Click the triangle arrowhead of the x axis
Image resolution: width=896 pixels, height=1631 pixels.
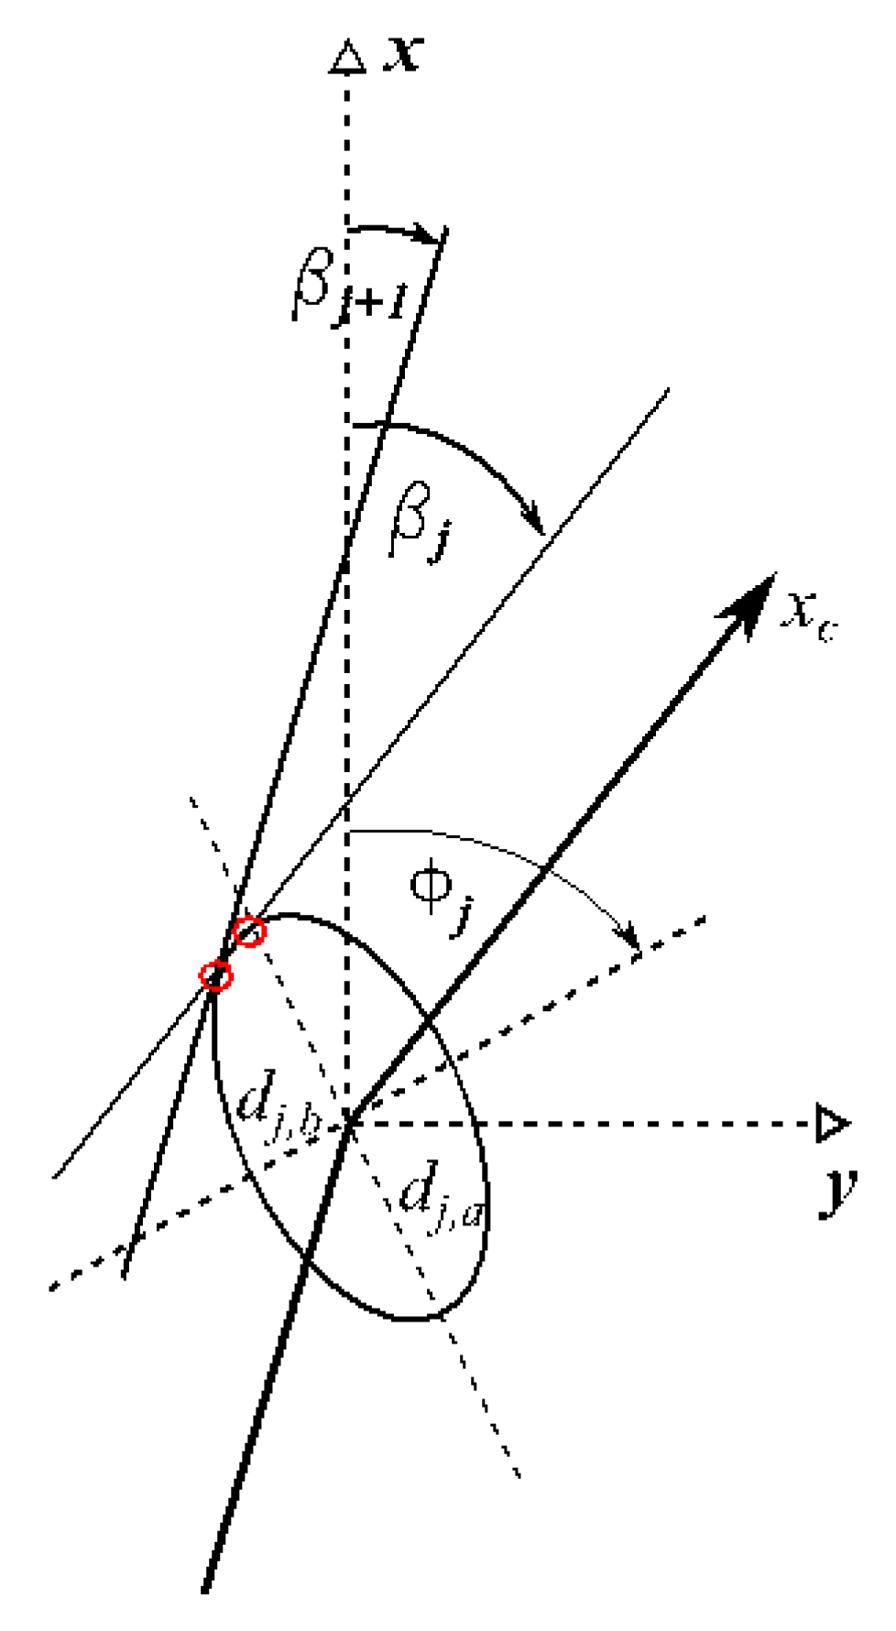pyautogui.click(x=347, y=57)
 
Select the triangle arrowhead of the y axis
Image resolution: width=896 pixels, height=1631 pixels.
pyautogui.click(x=832, y=1124)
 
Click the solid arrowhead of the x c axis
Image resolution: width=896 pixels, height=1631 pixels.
pyautogui.click(x=751, y=600)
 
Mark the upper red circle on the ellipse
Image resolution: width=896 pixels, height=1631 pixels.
pyautogui.click(x=249, y=932)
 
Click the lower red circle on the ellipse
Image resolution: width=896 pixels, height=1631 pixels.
pyautogui.click(x=216, y=975)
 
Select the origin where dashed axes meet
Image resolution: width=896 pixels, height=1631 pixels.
pyautogui.click(x=347, y=1124)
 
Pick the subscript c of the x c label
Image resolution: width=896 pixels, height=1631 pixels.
pyautogui.click(x=826, y=629)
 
